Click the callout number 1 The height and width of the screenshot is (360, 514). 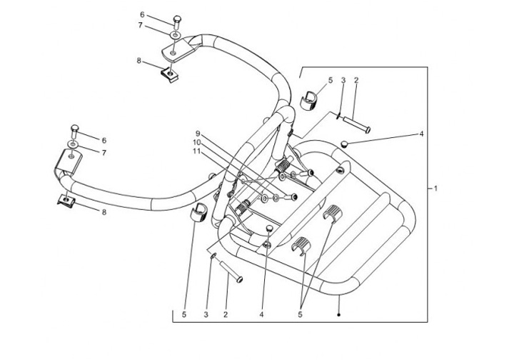tap(435, 189)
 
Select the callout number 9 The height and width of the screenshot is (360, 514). tap(197, 134)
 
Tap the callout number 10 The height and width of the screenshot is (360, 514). tap(196, 142)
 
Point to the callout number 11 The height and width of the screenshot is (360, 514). tap(196, 151)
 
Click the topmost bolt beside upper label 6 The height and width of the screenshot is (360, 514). tap(177, 21)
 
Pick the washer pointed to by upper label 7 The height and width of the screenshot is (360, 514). tap(176, 35)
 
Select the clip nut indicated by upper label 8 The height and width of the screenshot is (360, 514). tap(169, 75)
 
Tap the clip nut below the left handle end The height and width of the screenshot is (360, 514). tap(66, 200)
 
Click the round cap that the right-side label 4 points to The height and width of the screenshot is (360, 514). tap(344, 144)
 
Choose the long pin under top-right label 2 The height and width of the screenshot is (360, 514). tap(357, 124)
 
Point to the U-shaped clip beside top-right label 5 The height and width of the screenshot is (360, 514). tap(309, 100)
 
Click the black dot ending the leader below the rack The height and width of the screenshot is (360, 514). tap(339, 315)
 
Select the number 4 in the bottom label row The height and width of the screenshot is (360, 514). tap(261, 315)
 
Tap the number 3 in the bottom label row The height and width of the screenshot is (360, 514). tap(206, 315)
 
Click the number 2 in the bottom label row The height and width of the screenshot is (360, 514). tap(225, 315)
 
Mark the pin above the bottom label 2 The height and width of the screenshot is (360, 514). tap(231, 271)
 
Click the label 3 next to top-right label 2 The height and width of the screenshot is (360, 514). tap(343, 80)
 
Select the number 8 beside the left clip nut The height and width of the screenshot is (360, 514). tap(104, 212)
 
